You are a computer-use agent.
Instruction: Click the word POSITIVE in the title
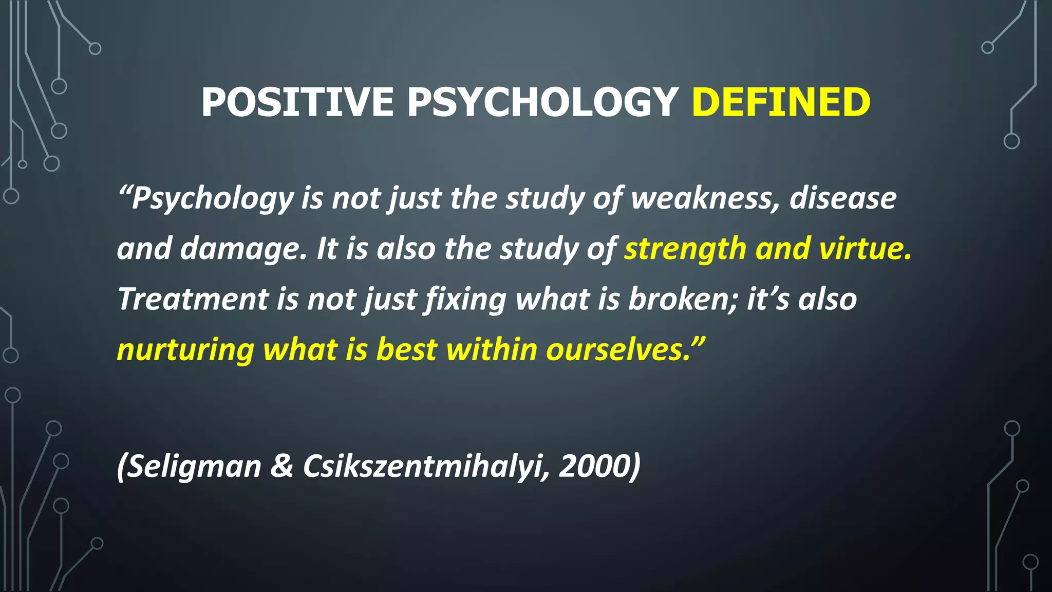(x=297, y=102)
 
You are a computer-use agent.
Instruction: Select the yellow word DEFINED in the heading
(x=781, y=102)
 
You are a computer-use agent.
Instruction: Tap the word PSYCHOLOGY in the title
(x=542, y=102)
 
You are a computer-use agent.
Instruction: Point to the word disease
(x=843, y=198)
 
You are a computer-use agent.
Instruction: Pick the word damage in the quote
(x=243, y=249)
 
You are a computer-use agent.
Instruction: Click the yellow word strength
(x=685, y=249)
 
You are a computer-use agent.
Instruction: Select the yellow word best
(x=406, y=350)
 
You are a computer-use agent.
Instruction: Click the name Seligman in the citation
(x=194, y=467)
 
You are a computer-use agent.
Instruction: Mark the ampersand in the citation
(x=281, y=467)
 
